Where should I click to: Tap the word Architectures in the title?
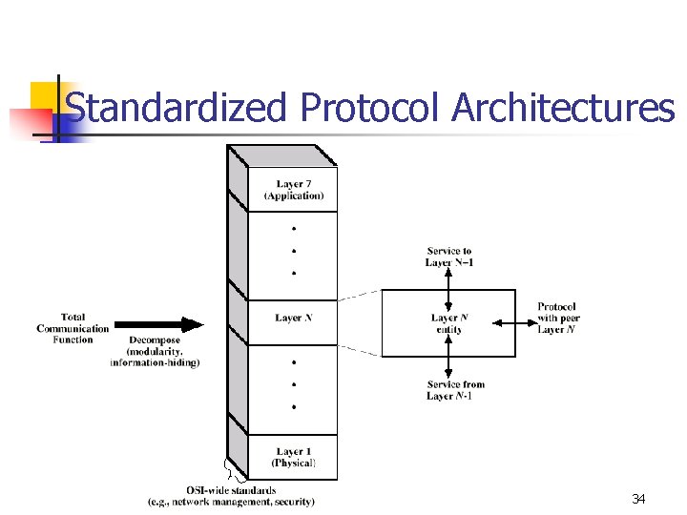(x=563, y=108)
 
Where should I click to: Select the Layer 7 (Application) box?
(x=293, y=190)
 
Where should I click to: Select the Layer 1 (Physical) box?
(x=293, y=457)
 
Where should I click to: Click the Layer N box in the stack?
(x=293, y=318)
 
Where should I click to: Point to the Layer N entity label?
(x=448, y=323)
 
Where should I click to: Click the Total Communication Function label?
(x=73, y=328)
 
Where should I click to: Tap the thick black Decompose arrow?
(x=157, y=325)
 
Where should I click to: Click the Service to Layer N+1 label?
(x=449, y=257)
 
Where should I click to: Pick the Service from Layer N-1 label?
(x=454, y=390)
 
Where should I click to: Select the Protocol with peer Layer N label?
(x=557, y=318)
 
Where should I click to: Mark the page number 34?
(x=638, y=499)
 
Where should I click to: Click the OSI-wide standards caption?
(x=232, y=496)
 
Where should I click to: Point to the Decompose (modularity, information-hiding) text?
(x=154, y=351)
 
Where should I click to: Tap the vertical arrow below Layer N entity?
(x=448, y=358)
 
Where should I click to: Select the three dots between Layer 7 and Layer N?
(x=294, y=250)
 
